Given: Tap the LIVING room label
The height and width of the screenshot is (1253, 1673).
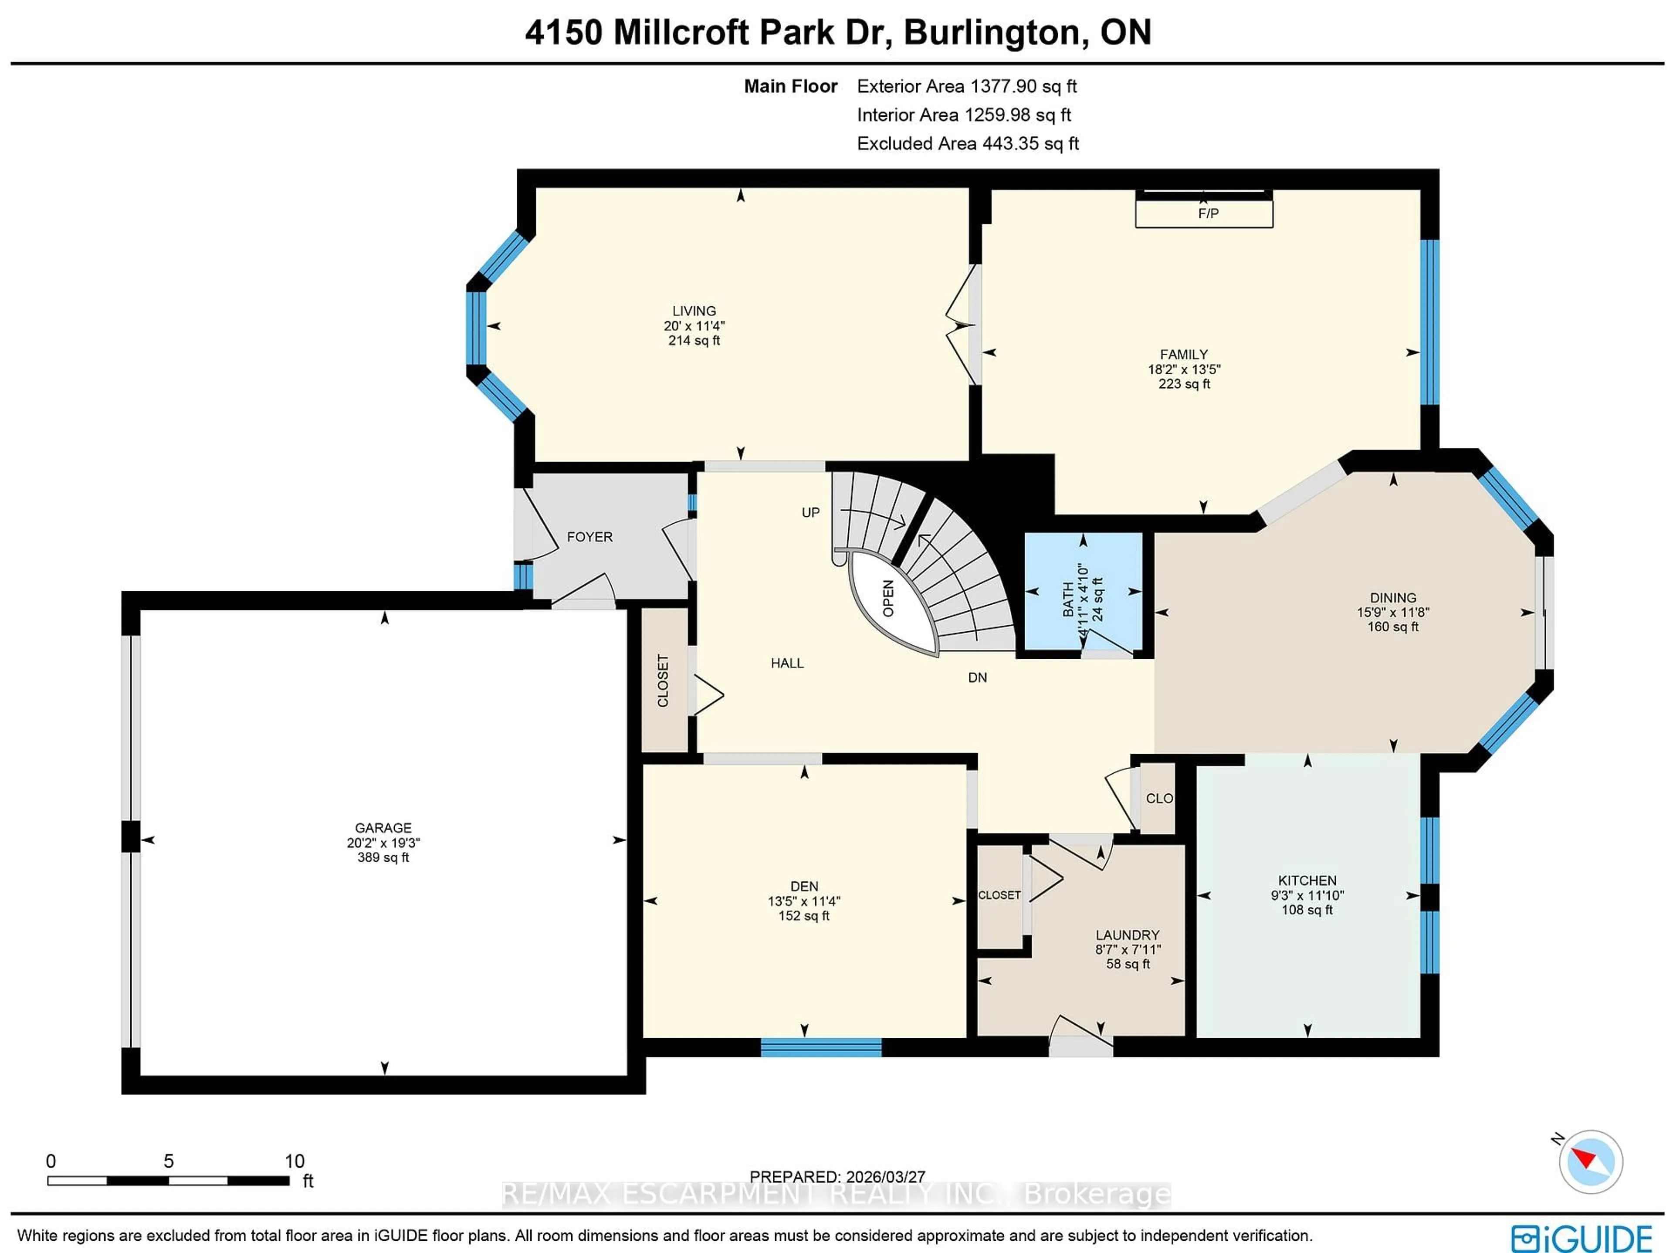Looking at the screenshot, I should [694, 311].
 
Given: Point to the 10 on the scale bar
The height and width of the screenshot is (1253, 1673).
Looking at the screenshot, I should [294, 1161].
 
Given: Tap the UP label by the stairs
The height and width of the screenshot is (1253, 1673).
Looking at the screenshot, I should [810, 513].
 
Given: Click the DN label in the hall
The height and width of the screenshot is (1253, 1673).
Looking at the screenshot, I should [977, 677].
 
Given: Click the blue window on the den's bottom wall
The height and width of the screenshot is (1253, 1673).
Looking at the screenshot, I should [821, 1047].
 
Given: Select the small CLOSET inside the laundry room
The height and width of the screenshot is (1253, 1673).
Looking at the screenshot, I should [999, 895].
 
